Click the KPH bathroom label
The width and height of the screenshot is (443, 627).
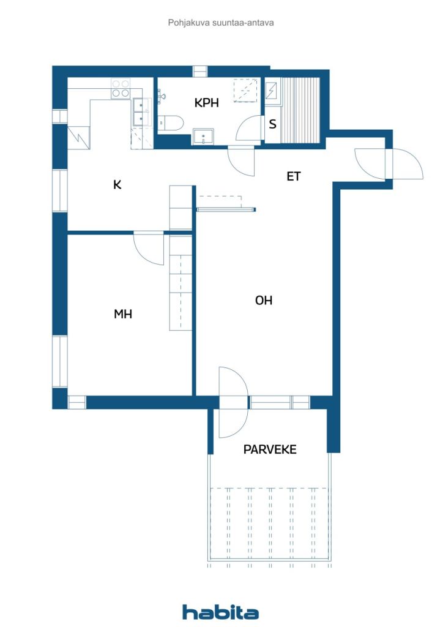tap(207, 103)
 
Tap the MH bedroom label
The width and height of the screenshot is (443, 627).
tap(123, 314)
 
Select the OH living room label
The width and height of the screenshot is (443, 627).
tap(264, 300)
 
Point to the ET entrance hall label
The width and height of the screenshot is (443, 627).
tap(294, 176)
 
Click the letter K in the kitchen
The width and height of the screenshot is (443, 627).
tap(117, 184)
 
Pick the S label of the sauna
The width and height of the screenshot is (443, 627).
tap(273, 124)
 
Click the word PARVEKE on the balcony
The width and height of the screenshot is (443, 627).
tap(270, 449)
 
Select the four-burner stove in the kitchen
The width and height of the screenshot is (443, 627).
tap(121, 89)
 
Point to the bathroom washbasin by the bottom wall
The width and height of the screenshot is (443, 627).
tap(203, 137)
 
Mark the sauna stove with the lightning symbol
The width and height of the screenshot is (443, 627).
tap(271, 91)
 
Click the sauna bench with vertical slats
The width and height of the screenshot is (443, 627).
tap(301, 110)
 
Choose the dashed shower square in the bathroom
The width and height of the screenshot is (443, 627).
tap(245, 91)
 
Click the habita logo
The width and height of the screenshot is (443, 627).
tap(220, 612)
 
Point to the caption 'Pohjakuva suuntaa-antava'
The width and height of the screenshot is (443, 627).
tap(221, 23)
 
